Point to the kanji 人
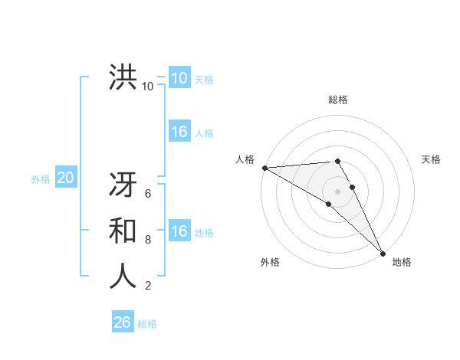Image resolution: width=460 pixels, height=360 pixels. pyautogui.click(x=123, y=275)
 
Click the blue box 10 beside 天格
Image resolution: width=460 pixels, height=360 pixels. pyautogui.click(x=179, y=78)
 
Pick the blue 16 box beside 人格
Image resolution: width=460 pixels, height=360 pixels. pyautogui.click(x=179, y=132)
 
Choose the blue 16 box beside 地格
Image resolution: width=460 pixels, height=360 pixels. pyautogui.click(x=179, y=231)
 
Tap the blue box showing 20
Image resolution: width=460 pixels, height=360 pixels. pyautogui.click(x=65, y=178)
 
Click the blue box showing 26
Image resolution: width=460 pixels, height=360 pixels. pyautogui.click(x=122, y=322)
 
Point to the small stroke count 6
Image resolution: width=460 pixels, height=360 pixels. pyautogui.click(x=148, y=194)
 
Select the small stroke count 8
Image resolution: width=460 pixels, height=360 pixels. pyautogui.click(x=148, y=240)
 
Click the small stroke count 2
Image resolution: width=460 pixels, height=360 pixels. pyautogui.click(x=148, y=286)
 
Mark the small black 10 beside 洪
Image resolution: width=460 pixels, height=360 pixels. pyautogui.click(x=148, y=86)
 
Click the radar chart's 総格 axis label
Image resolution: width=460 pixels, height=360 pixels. pyautogui.click(x=338, y=100)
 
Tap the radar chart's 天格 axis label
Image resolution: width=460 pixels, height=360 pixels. pyautogui.click(x=431, y=159)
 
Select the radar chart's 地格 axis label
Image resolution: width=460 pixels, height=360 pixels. pyautogui.click(x=402, y=262)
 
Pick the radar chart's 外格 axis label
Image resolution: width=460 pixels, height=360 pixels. pyautogui.click(x=270, y=262)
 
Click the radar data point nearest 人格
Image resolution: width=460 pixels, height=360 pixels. pyautogui.click(x=264, y=167)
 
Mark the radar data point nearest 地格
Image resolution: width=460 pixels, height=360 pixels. pyautogui.click(x=382, y=252)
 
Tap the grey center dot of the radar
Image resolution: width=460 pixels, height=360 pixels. pyautogui.click(x=337, y=191)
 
